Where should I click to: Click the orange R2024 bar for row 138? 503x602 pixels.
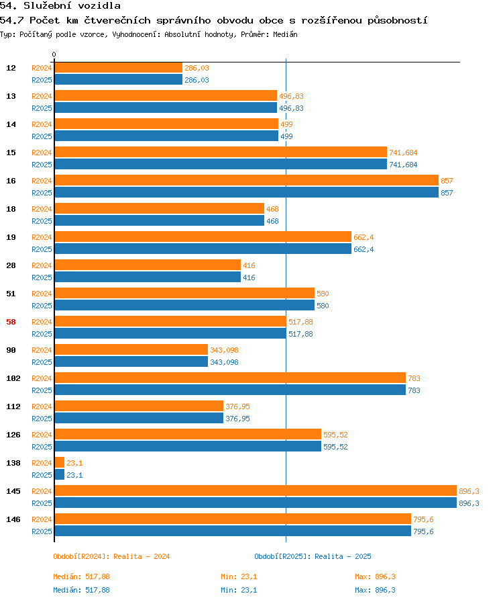tap(60, 462)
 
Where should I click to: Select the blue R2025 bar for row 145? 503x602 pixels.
tap(256, 503)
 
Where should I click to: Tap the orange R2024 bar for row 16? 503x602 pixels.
tap(247, 180)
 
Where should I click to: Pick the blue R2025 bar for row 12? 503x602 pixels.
tap(119, 79)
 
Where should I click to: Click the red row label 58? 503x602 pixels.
tap(11, 322)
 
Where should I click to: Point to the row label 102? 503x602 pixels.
tap(13, 378)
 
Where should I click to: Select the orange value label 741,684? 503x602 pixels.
tap(403, 153)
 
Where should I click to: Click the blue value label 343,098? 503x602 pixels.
tap(224, 362)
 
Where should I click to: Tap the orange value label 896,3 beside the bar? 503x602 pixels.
tap(469, 491)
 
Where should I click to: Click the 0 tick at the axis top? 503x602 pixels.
tap(54, 54)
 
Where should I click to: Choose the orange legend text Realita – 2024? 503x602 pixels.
tap(142, 556)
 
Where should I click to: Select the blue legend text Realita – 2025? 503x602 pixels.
tap(343, 556)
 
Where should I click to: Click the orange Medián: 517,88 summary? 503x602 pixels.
tap(81, 576)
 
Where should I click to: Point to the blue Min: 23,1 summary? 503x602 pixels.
tap(239, 590)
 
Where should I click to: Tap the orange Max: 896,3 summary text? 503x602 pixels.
tap(375, 576)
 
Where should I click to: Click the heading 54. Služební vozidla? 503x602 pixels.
tap(60, 6)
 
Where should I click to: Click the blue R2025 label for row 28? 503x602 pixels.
tap(42, 277)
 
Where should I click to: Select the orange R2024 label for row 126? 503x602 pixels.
tap(42, 435)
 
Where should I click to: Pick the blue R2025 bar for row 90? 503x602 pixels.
tap(131, 361)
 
